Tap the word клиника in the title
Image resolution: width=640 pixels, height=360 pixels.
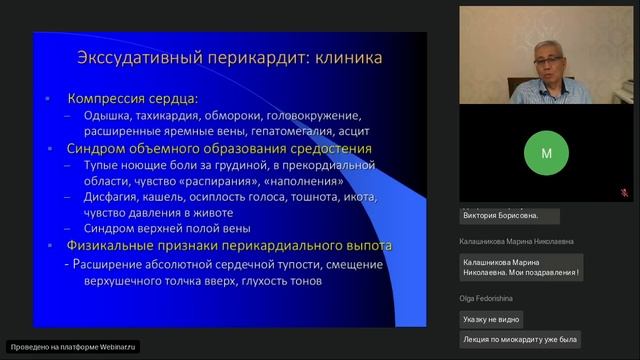[339, 58]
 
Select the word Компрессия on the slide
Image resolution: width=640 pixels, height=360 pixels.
[108, 100]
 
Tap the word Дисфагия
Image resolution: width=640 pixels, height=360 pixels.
[111, 197]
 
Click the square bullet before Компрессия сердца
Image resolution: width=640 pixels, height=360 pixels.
[50, 100]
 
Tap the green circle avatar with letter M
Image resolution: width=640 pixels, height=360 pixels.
[546, 154]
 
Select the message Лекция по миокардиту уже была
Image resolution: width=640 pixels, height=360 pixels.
[520, 341]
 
